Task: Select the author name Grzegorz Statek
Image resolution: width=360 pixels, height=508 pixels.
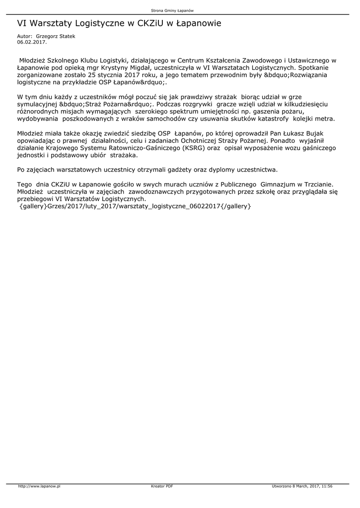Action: (56, 36)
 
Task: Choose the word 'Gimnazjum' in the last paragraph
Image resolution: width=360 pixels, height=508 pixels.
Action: (278, 184)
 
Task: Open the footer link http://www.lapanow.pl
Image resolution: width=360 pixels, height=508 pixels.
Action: (39, 487)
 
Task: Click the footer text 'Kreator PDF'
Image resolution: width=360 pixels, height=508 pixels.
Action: (162, 487)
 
